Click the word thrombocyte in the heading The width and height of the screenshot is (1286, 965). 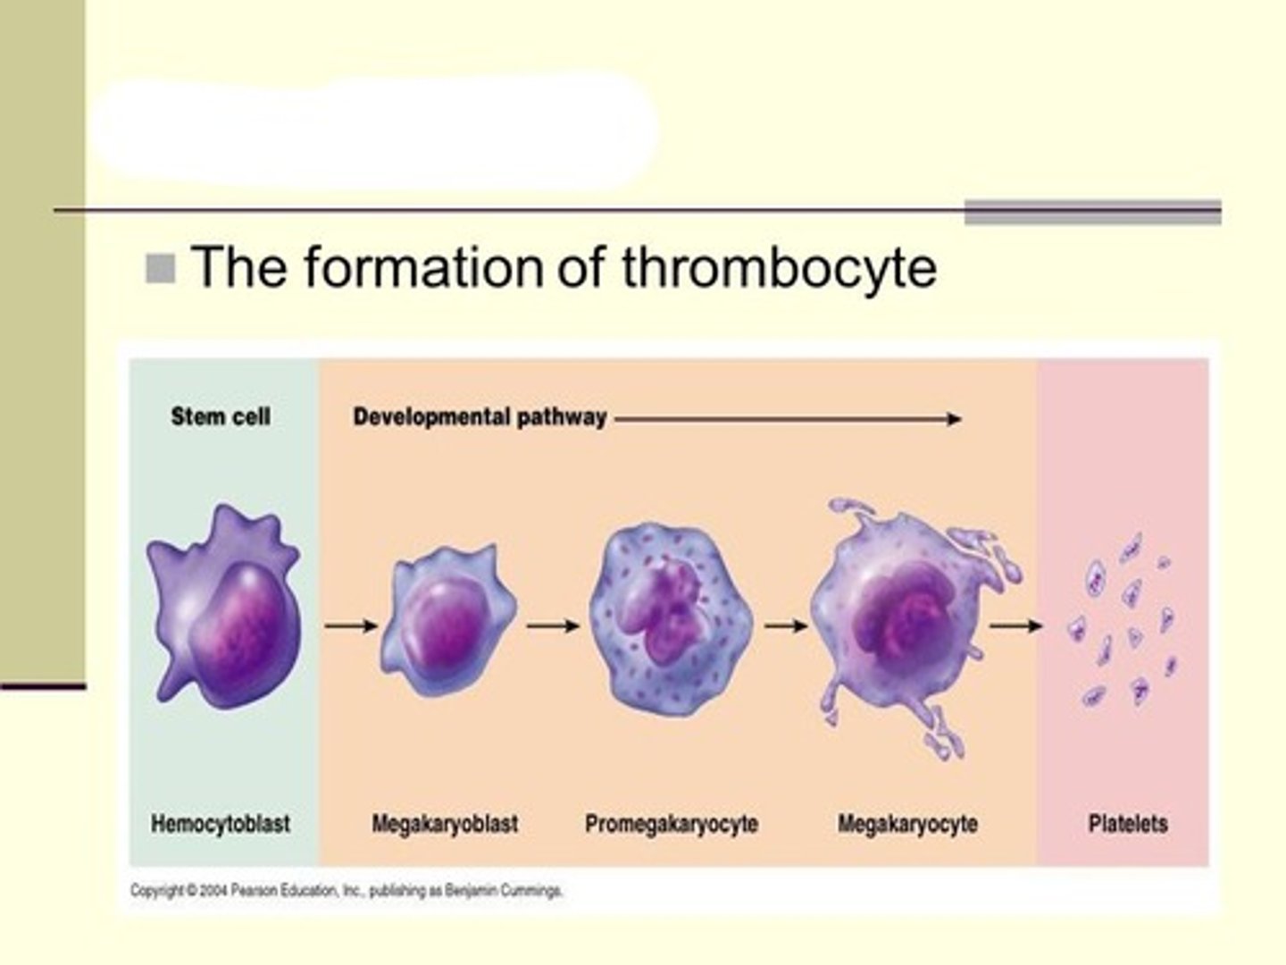[x=779, y=267]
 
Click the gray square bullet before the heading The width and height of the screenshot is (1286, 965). [x=161, y=268]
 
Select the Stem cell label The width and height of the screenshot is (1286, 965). [x=221, y=416]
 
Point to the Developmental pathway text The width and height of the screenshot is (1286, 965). [x=480, y=417]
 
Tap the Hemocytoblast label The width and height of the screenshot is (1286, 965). [x=221, y=823]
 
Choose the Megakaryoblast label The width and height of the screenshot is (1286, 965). [x=445, y=823]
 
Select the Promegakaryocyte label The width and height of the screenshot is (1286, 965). [x=671, y=823]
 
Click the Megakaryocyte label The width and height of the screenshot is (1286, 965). [x=906, y=823]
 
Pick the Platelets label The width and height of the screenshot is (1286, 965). [x=1127, y=823]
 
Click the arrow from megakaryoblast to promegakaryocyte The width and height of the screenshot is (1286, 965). [x=553, y=626]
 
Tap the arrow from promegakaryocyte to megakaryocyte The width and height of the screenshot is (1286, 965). [x=786, y=626]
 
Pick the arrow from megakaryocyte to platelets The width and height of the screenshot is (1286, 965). [x=1015, y=626]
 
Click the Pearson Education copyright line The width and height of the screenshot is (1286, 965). [x=347, y=891]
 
